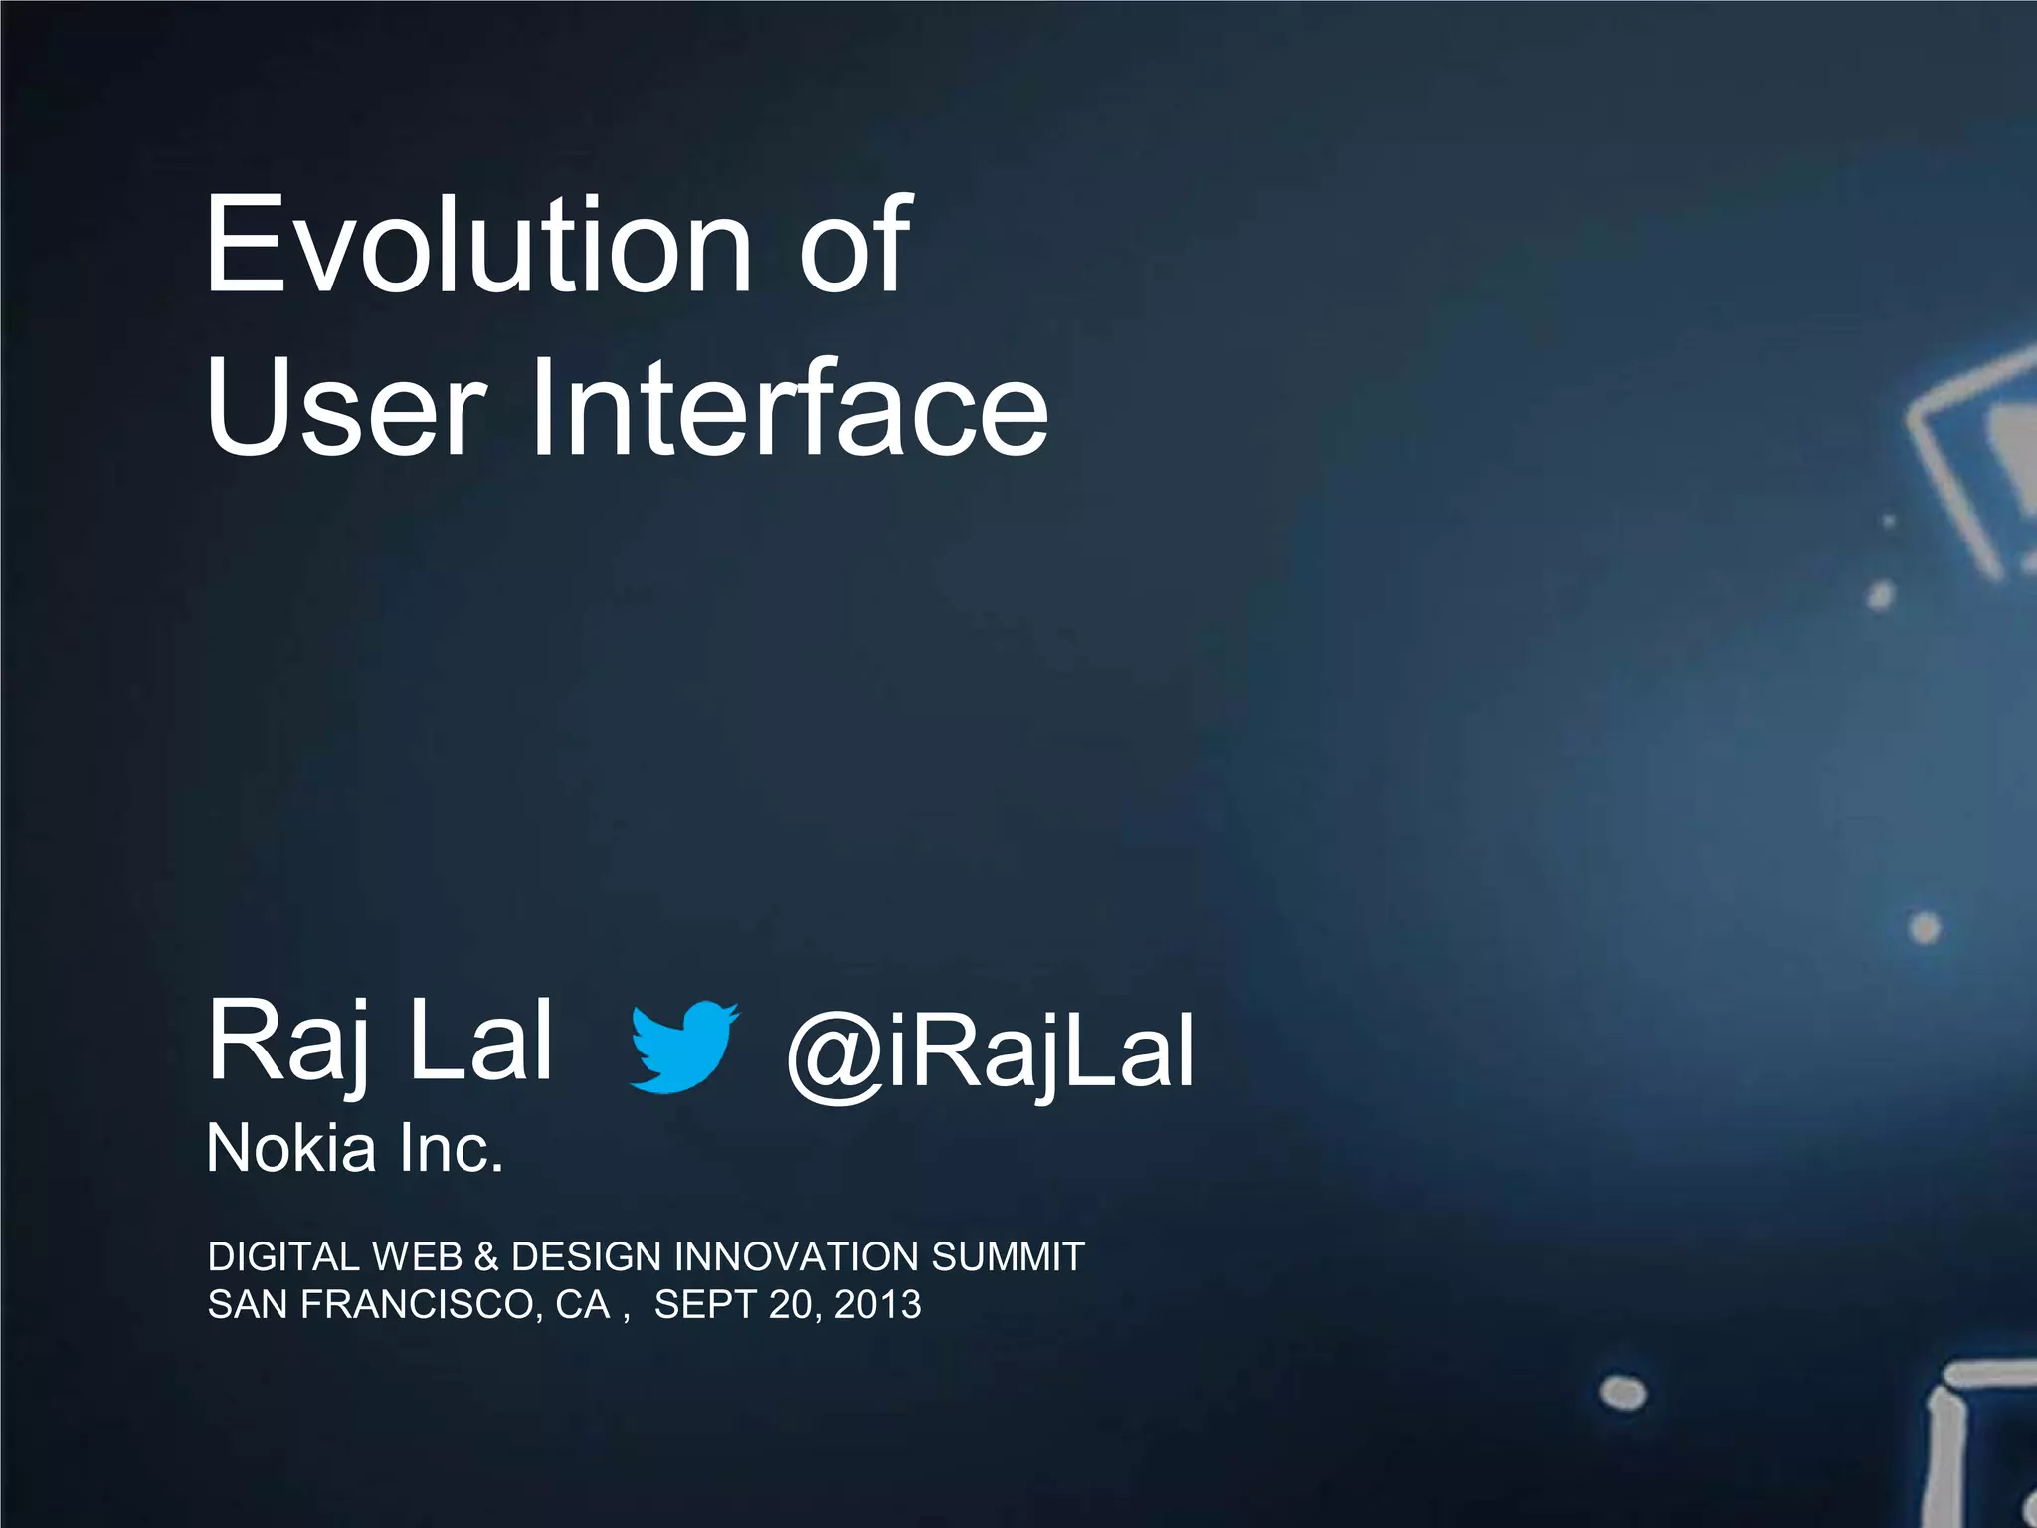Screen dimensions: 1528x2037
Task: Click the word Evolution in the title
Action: click(x=477, y=246)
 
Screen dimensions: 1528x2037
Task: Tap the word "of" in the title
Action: click(x=853, y=246)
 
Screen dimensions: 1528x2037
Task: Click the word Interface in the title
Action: click(x=788, y=410)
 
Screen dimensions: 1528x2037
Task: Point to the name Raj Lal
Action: click(x=379, y=1043)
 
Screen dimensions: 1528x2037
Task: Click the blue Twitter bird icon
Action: click(x=684, y=1047)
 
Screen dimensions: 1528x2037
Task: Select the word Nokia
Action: click(x=291, y=1149)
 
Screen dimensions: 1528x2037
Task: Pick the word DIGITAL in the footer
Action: click(x=282, y=1257)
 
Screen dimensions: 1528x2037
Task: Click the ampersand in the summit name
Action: click(x=486, y=1257)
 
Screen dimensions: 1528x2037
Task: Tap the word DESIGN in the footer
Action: click(x=586, y=1257)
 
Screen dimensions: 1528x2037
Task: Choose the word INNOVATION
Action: click(x=796, y=1257)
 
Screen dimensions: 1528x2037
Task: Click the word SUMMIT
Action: click(x=1007, y=1257)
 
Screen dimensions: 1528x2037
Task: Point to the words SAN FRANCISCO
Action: click(x=373, y=1305)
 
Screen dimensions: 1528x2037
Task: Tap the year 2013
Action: click(x=878, y=1305)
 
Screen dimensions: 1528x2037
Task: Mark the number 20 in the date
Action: click(x=792, y=1305)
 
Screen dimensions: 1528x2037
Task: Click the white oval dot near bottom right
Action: click(x=1623, y=1392)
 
